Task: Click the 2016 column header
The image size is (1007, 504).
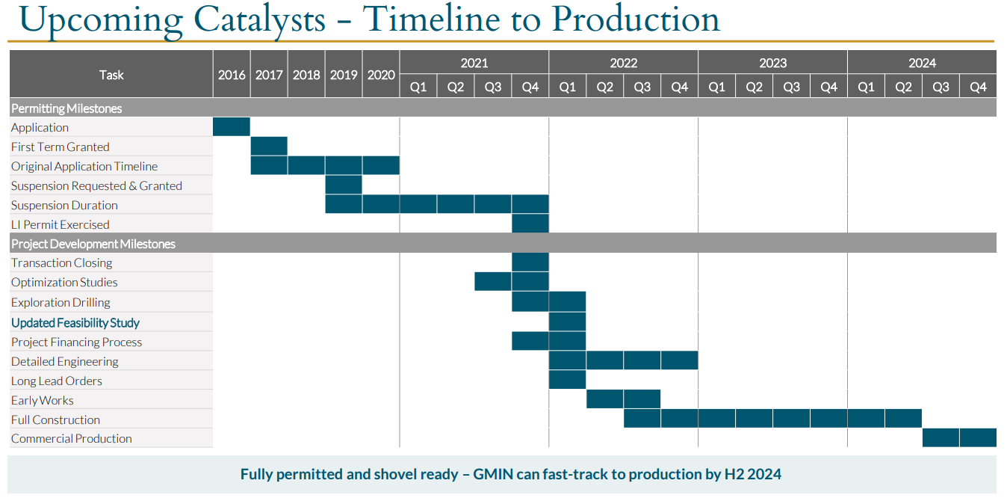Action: (x=232, y=75)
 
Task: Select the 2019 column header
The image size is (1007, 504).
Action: (x=344, y=75)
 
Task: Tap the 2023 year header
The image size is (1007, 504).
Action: (x=772, y=63)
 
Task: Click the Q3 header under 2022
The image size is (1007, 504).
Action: (x=642, y=87)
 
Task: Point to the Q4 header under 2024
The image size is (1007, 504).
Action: (x=978, y=87)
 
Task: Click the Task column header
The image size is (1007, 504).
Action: (x=111, y=75)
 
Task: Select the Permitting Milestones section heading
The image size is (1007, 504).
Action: (x=66, y=108)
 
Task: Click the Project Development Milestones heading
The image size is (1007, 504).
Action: (x=93, y=244)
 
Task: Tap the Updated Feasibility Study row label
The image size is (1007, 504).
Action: (x=75, y=322)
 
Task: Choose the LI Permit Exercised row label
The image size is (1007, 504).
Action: (x=61, y=224)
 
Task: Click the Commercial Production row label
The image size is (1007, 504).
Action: (x=72, y=438)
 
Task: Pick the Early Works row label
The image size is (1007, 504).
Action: (x=43, y=400)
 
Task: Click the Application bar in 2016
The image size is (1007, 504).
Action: (x=232, y=127)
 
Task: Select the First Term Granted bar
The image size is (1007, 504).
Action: (x=269, y=147)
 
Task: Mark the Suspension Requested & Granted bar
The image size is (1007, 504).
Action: (x=344, y=185)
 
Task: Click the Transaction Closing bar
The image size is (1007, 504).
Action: (x=530, y=262)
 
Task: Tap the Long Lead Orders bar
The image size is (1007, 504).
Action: (x=567, y=380)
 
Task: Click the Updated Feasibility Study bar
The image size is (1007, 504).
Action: (x=567, y=322)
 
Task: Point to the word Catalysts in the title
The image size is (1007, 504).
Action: (x=259, y=20)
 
